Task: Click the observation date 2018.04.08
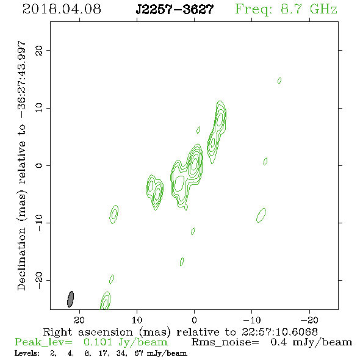(62, 9)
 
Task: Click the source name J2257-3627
(175, 9)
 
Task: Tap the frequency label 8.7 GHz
(309, 9)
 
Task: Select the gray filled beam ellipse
(71, 299)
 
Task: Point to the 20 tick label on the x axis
(79, 320)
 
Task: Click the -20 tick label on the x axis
(309, 320)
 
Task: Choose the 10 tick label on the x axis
(137, 320)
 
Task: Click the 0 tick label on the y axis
(39, 165)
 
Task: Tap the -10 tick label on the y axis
(39, 223)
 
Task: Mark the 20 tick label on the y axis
(39, 50)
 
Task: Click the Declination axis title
(21, 165)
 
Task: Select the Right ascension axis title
(181, 332)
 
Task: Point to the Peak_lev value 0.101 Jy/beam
(125, 342)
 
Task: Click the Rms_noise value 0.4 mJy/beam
(311, 342)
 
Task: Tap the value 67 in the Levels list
(139, 353)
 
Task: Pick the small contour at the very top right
(279, 81)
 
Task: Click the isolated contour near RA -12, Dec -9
(261, 215)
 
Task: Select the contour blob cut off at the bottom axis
(106, 301)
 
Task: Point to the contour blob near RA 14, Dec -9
(114, 214)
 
